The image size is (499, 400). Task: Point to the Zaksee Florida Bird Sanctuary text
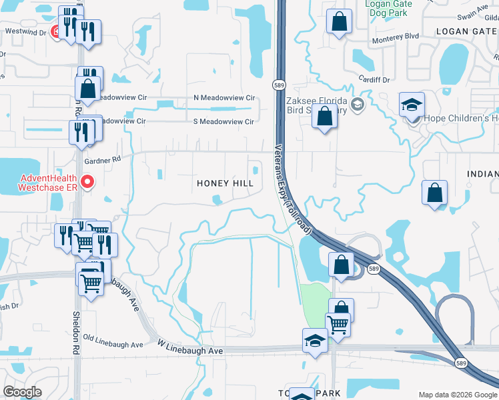(x=317, y=105)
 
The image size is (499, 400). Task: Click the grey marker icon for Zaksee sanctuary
(x=358, y=105)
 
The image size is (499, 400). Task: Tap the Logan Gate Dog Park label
(x=388, y=7)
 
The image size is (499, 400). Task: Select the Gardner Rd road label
(x=103, y=159)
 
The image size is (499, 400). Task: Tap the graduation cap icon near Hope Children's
(x=412, y=105)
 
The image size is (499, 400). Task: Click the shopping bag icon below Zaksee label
(x=324, y=115)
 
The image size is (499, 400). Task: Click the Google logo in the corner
(x=23, y=392)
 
